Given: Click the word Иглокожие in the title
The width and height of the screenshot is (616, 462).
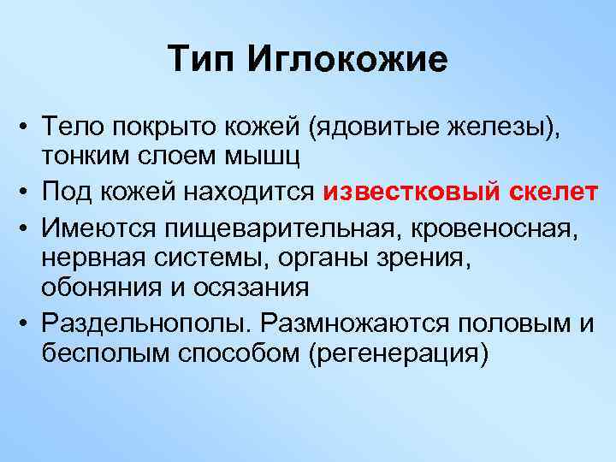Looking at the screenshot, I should pyautogui.click(x=347, y=61).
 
